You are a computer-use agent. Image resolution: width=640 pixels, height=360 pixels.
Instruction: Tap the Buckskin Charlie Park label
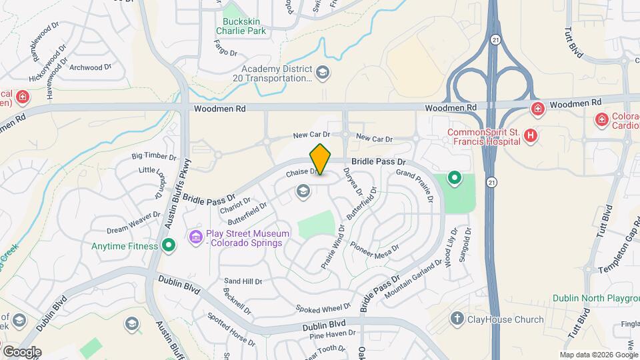click(x=245, y=25)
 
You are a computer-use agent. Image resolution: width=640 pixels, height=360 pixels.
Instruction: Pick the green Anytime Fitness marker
click(x=169, y=246)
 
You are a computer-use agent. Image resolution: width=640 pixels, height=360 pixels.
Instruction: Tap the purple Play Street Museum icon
click(x=196, y=237)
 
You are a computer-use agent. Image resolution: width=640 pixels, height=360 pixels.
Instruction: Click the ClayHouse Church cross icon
click(x=457, y=319)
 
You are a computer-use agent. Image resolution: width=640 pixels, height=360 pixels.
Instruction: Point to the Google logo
click(x=21, y=351)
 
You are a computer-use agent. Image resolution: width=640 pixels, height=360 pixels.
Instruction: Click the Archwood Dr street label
click(x=91, y=67)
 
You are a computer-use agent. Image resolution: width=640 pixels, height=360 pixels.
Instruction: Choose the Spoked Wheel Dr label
click(x=323, y=308)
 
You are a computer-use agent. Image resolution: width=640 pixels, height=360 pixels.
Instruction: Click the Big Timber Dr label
click(x=154, y=156)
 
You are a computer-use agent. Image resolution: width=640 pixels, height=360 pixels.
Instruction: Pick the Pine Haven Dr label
click(x=333, y=333)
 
